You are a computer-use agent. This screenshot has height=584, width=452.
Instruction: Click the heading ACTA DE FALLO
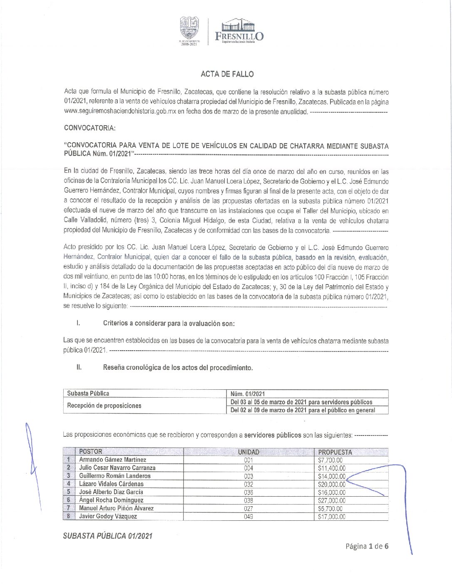click(227, 74)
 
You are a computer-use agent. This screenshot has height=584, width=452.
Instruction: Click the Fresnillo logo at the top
click(239, 31)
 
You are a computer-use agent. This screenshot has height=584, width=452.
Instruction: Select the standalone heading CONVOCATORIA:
click(89, 128)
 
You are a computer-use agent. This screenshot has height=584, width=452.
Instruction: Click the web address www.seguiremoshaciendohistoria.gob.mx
click(117, 111)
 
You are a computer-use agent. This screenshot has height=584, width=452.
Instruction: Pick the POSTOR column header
click(90, 452)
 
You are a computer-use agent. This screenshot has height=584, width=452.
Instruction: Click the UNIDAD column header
click(248, 452)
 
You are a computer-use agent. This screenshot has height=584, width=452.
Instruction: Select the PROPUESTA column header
click(335, 452)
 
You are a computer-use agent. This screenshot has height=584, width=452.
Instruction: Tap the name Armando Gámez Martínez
click(112, 460)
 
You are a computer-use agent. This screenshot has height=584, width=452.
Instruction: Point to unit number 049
click(248, 517)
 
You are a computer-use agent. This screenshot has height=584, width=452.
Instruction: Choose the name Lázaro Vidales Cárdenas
click(111, 484)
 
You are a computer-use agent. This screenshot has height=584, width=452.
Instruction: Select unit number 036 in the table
click(248, 492)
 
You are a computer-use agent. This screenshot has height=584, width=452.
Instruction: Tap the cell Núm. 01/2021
click(248, 394)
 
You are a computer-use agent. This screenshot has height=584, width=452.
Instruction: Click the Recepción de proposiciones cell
click(104, 406)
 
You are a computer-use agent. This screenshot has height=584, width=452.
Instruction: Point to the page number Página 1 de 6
click(367, 546)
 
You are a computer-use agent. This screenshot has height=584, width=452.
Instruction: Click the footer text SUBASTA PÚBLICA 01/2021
click(107, 536)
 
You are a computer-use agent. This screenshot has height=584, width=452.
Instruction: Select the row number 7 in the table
click(68, 508)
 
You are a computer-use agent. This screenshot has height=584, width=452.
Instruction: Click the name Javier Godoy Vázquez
click(108, 517)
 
